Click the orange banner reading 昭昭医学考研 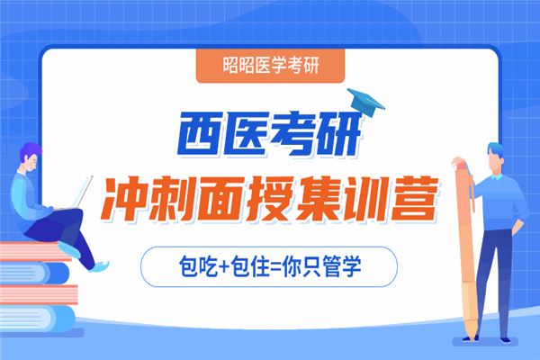click(271, 65)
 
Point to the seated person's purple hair click(29, 152)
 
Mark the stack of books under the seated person click(36, 288)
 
